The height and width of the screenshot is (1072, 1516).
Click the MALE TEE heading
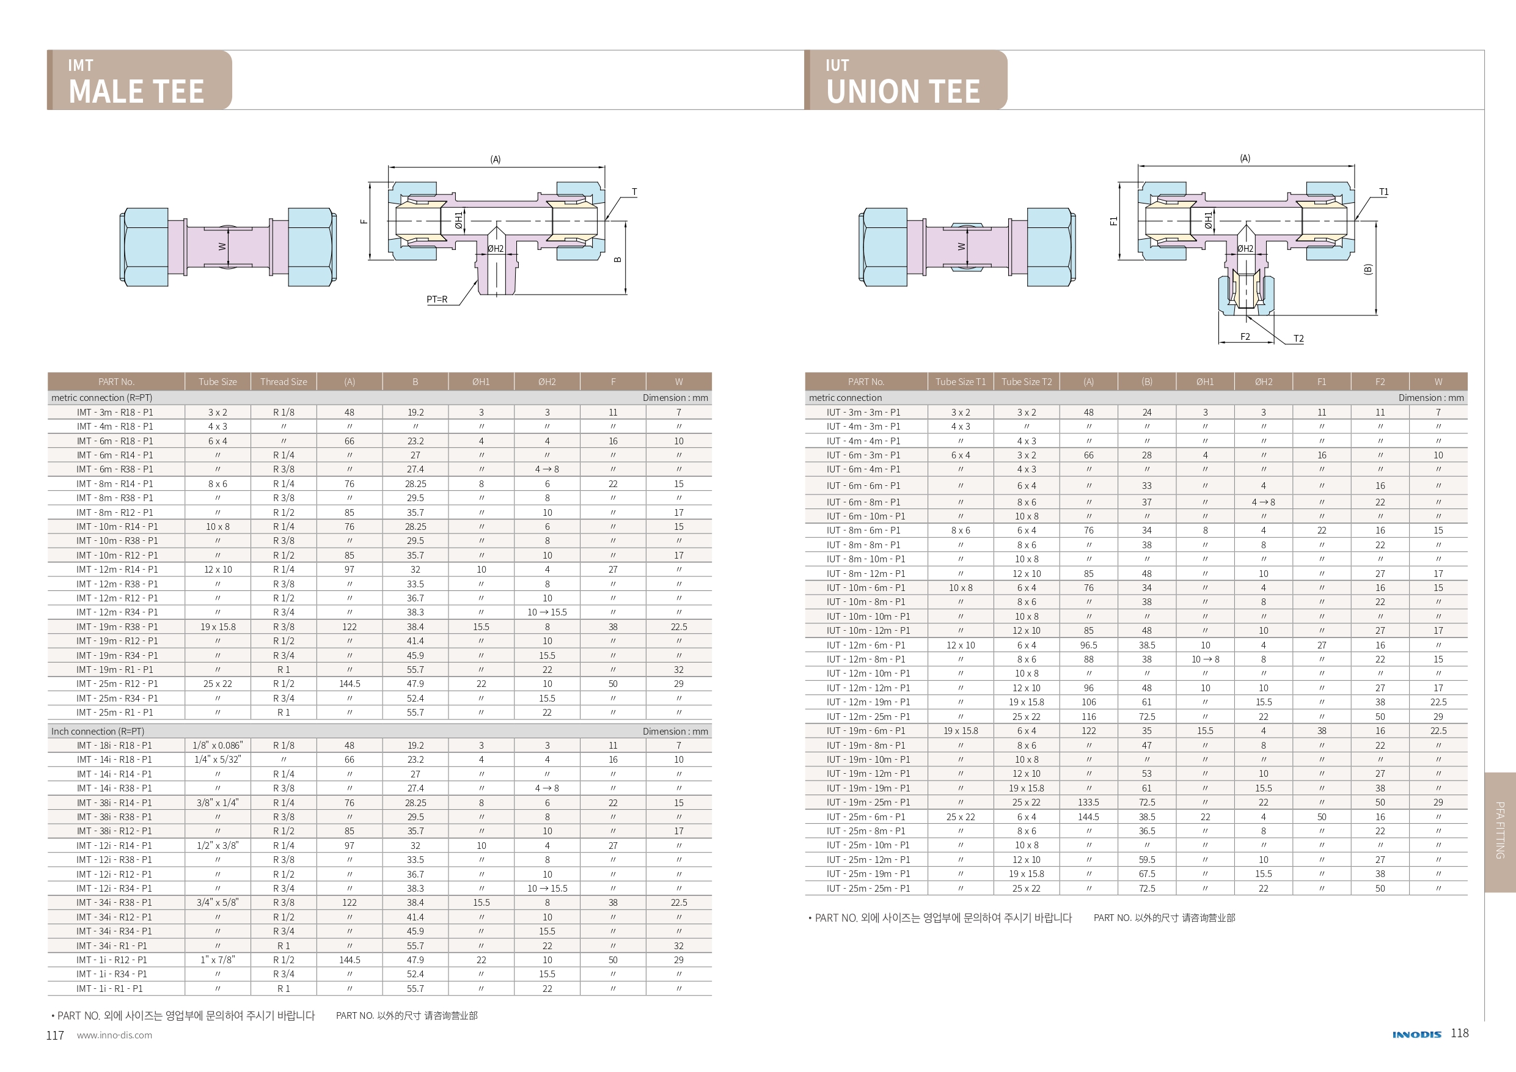point(136,91)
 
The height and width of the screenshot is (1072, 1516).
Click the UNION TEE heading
point(903,91)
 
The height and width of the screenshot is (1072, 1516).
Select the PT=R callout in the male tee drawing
point(436,299)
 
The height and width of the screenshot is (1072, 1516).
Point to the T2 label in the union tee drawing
point(1298,339)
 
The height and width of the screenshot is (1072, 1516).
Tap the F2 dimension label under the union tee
point(1245,337)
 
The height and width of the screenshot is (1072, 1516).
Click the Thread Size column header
point(284,382)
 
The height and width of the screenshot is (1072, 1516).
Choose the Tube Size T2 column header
point(1026,382)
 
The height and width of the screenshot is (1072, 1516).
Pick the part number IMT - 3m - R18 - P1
point(115,412)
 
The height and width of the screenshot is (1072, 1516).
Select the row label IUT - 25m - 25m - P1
point(868,889)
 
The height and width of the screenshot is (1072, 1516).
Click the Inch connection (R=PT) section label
point(98,731)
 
